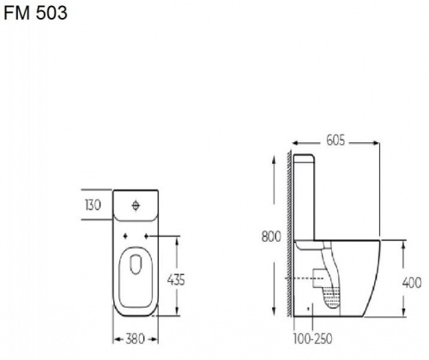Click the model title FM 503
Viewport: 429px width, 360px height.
coord(35,13)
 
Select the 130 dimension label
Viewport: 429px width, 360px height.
coord(93,205)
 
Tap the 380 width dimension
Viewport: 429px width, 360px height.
coord(135,339)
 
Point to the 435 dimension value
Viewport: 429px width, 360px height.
coord(176,279)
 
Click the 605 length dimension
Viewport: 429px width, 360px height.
coord(335,141)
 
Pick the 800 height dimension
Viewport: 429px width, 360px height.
coord(271,237)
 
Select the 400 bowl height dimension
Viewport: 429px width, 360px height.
coord(412,283)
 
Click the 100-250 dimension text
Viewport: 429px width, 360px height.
coord(312,339)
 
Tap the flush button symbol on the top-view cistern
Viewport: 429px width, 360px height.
coord(136,206)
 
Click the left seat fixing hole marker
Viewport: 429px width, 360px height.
coord(125,237)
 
